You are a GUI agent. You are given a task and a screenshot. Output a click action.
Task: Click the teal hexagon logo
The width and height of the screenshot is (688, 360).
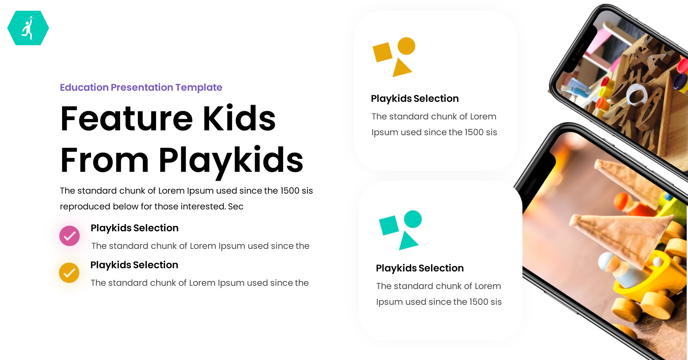point(28,28)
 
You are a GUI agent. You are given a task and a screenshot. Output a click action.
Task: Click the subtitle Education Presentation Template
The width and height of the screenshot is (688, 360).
point(141,87)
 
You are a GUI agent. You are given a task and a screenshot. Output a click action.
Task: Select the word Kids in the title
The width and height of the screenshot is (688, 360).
point(239,119)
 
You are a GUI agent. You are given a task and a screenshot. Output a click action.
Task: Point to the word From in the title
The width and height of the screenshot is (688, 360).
point(104,160)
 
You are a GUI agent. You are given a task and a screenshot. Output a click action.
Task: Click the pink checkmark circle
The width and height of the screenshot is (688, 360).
point(70,236)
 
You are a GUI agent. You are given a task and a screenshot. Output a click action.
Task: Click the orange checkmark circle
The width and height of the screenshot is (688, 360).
point(69,273)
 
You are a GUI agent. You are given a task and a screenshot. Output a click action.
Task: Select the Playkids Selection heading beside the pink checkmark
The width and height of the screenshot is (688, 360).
point(134,228)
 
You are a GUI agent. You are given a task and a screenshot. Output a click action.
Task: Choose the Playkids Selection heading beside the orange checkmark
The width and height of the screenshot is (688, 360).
point(134,265)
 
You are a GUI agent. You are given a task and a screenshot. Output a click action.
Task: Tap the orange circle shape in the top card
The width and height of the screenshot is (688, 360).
point(406,46)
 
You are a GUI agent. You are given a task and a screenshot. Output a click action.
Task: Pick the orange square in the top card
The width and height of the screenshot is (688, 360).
point(383,52)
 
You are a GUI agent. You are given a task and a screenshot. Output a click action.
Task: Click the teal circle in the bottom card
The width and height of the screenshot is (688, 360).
point(413,219)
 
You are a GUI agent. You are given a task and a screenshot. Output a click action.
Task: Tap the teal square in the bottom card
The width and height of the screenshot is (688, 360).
point(389,226)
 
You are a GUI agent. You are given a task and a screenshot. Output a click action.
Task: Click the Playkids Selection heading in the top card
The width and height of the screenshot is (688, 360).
point(415,99)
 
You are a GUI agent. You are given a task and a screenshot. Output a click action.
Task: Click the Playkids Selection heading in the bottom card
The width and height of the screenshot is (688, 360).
point(420,268)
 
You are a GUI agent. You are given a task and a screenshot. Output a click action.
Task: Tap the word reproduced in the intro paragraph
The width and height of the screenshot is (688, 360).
point(85,207)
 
